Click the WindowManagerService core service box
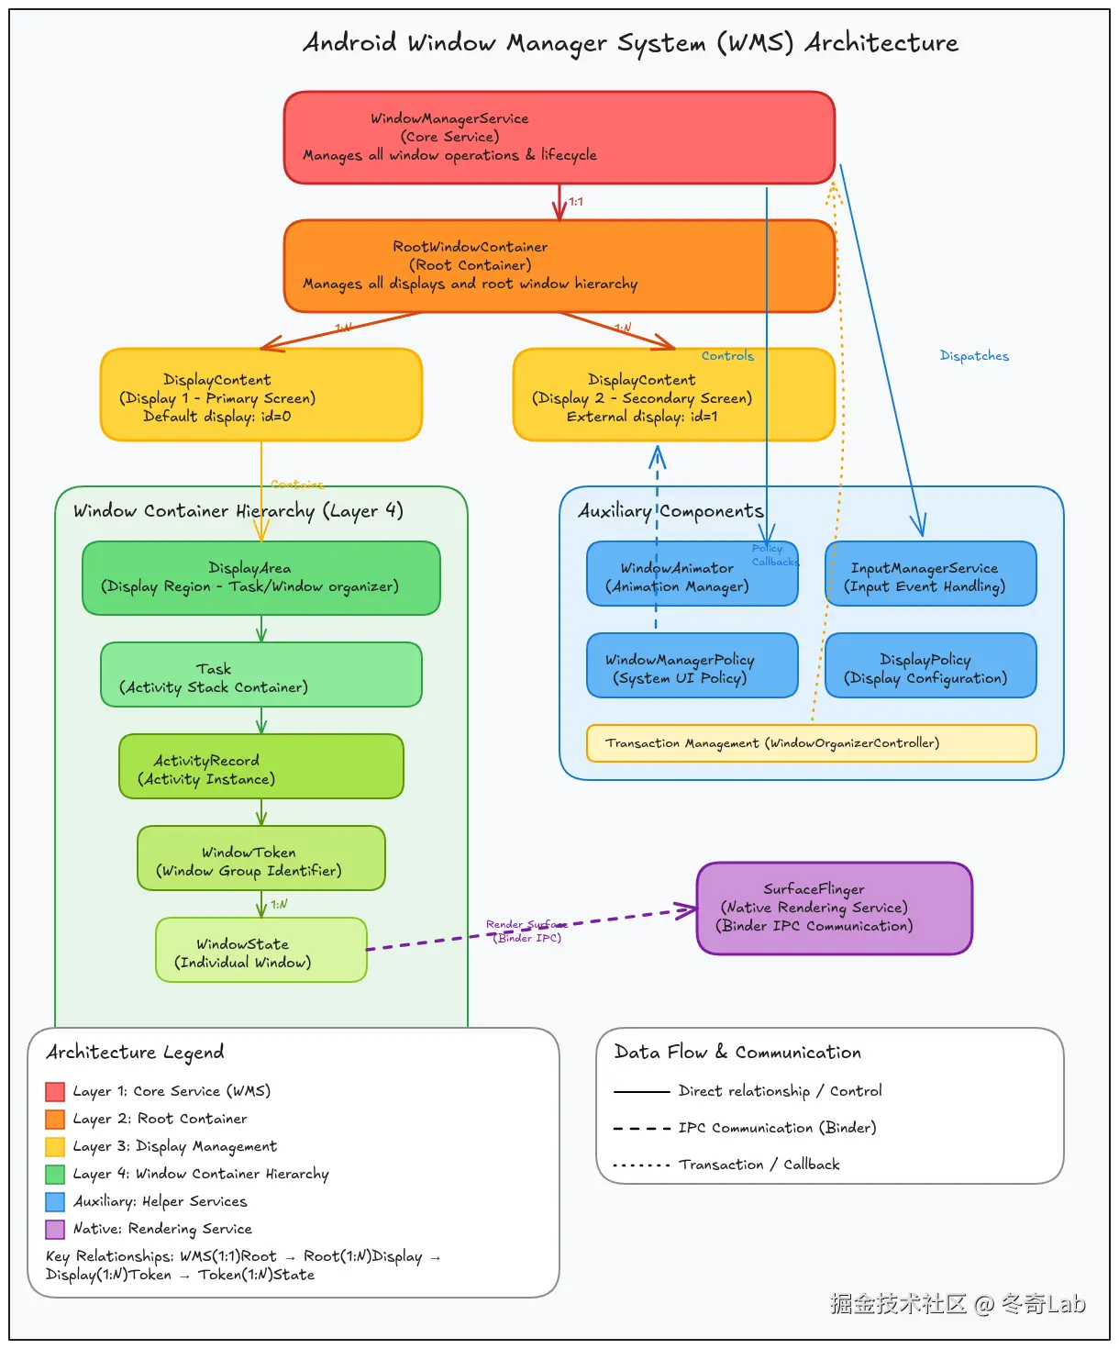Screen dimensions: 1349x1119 point(559,137)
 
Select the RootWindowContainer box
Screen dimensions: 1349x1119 point(559,265)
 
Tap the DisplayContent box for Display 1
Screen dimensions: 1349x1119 point(260,395)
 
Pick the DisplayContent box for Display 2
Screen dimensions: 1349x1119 point(673,395)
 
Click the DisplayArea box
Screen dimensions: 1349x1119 point(260,577)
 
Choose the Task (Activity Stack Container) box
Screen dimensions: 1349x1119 point(260,674)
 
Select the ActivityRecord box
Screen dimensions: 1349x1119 point(260,766)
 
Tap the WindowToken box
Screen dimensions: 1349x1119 point(260,858)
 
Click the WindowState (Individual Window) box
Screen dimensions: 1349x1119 point(260,950)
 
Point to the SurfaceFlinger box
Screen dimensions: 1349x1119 point(834,908)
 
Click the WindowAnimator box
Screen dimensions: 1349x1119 point(692,574)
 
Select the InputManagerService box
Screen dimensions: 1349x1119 point(930,574)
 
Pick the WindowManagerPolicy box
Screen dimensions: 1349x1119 point(692,665)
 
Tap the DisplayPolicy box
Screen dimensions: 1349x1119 point(930,665)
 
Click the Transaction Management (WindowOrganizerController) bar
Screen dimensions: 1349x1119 point(811,743)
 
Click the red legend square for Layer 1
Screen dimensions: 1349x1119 point(55,1091)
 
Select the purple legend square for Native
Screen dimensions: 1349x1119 point(55,1229)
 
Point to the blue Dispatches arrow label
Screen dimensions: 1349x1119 point(974,356)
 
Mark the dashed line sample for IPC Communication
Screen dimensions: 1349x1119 point(641,1128)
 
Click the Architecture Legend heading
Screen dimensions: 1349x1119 point(135,1053)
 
